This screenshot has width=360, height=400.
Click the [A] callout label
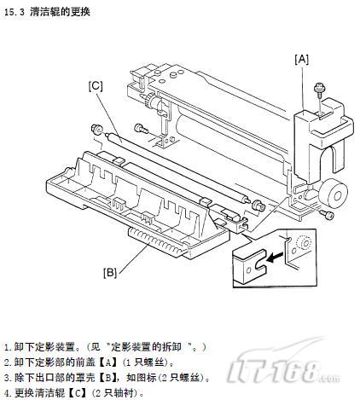(301, 60)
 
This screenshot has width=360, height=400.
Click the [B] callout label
(110, 273)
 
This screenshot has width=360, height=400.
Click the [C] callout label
(96, 86)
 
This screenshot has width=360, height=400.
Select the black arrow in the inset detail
(275, 258)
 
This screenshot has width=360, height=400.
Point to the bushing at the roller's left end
(96, 130)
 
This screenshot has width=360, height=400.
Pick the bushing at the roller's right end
(258, 205)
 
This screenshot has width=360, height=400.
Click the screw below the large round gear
(327, 214)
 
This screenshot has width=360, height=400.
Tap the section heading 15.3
(47, 12)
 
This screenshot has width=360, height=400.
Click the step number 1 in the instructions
(8, 347)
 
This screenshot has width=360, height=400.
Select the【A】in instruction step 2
(107, 362)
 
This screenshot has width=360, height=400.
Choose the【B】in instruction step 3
(107, 378)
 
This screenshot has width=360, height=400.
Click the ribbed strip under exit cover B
(157, 240)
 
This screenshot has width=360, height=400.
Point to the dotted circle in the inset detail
(304, 243)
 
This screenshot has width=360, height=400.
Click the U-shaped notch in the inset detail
(260, 259)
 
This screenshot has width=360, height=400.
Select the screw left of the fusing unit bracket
(141, 128)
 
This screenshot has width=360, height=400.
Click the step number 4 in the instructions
(8, 393)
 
